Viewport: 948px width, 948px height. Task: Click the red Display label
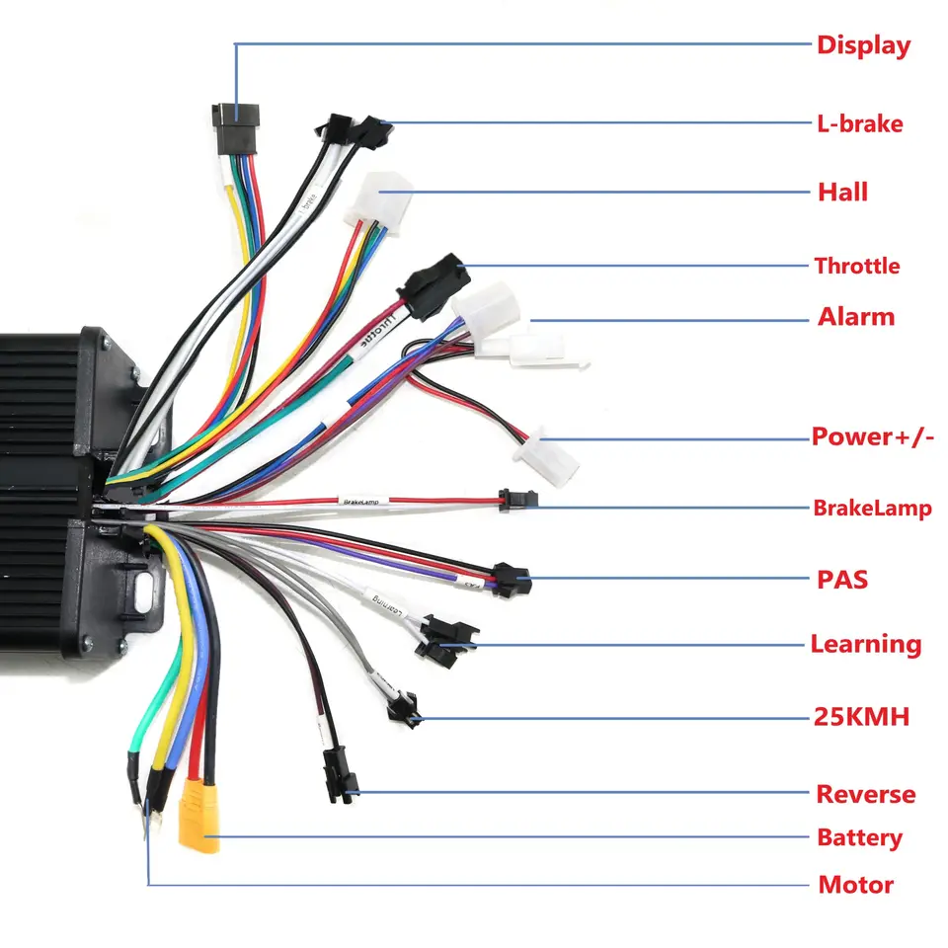[862, 45]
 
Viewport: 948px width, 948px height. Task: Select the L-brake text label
[859, 124]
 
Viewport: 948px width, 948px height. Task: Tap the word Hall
[842, 192]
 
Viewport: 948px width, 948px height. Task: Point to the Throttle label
[856, 266]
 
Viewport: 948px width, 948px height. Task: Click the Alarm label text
[855, 317]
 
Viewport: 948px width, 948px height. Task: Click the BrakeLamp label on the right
[872, 509]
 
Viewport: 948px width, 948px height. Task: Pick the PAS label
[842, 579]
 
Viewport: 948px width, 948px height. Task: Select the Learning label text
[865, 645]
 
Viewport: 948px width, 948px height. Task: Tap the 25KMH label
[862, 717]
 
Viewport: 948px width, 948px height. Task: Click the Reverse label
[865, 794]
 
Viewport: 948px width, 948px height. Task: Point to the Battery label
[859, 838]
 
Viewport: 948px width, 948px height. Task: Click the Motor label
[855, 885]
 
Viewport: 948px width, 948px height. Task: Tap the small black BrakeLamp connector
[517, 501]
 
